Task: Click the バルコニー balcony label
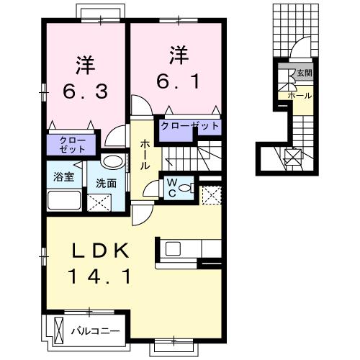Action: click(96, 332)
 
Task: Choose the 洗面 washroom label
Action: click(106, 183)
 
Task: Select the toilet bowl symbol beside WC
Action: click(186, 189)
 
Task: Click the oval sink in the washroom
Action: click(112, 161)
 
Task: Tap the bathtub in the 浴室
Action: click(64, 199)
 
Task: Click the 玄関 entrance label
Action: click(304, 73)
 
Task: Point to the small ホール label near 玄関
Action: click(299, 95)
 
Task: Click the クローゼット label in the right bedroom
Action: click(189, 126)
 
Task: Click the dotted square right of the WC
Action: click(210, 194)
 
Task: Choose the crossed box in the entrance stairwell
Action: click(293, 158)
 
